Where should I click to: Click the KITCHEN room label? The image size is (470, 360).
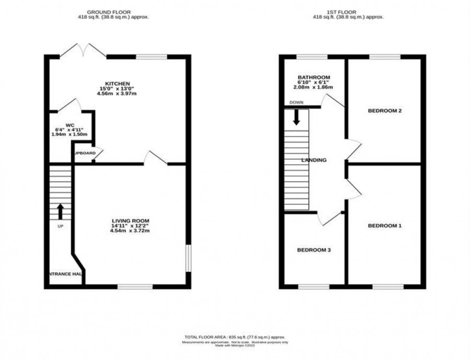[118, 83]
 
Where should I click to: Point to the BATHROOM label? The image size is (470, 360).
[314, 77]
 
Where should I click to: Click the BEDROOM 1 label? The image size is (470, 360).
[384, 225]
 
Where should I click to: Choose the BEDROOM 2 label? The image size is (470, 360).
[384, 111]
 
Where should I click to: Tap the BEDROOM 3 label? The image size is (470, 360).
[314, 250]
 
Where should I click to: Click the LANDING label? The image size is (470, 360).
[314, 160]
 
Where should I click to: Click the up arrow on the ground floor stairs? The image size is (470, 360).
[60, 211]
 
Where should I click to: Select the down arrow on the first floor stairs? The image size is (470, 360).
[296, 117]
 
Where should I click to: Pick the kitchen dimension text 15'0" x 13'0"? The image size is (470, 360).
[118, 89]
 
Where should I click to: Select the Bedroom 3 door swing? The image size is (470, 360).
[329, 218]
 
